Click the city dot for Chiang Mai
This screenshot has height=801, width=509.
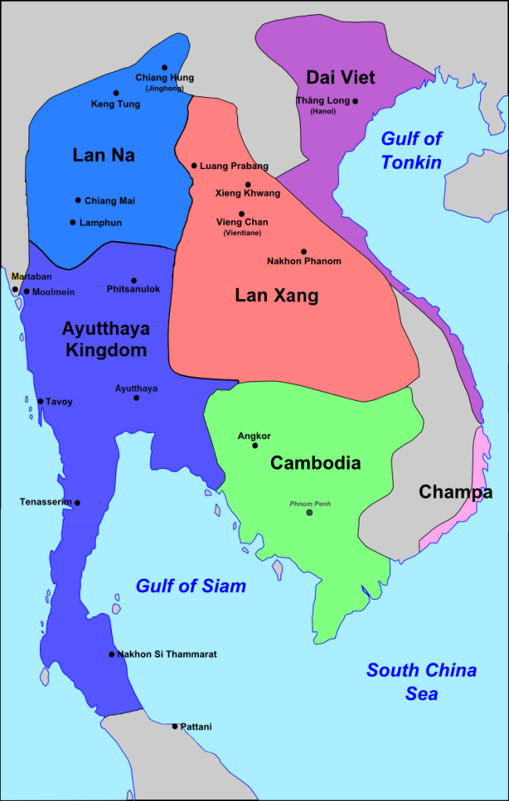(x=78, y=200)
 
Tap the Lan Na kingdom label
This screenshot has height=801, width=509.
(x=103, y=155)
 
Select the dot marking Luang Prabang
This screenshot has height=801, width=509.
(x=194, y=165)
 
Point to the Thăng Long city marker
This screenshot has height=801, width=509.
(x=355, y=101)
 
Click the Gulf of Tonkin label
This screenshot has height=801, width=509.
(x=411, y=150)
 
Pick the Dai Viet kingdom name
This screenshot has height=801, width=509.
(x=341, y=78)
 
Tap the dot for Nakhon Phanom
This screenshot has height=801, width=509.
(x=304, y=251)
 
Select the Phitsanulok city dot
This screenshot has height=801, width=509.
(x=134, y=280)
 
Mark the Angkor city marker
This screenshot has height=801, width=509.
(x=255, y=446)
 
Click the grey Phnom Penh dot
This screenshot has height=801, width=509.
(x=309, y=512)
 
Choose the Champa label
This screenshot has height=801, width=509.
(x=455, y=492)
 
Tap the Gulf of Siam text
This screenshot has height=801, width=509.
(x=190, y=586)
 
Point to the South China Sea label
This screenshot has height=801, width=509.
(x=421, y=681)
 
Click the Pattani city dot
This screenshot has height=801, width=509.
(x=175, y=727)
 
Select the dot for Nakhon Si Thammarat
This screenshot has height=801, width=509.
(x=111, y=654)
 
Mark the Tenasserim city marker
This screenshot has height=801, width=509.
(x=77, y=503)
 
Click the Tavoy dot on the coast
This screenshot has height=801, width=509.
(x=41, y=402)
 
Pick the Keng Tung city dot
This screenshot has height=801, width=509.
(x=116, y=93)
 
